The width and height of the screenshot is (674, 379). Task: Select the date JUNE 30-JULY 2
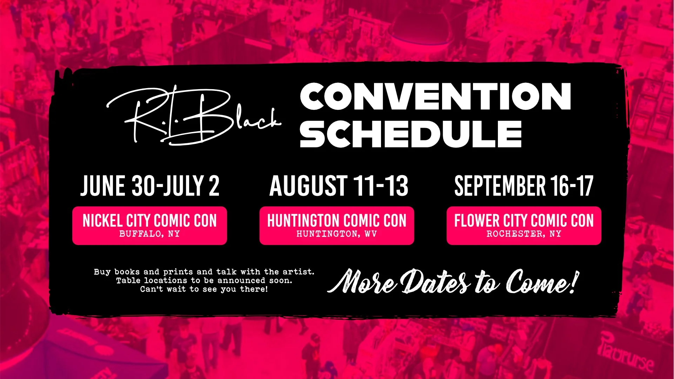pyautogui.click(x=150, y=186)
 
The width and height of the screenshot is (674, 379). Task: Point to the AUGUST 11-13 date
pyautogui.click(x=339, y=186)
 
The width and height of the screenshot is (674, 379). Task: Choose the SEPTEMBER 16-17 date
pyautogui.click(x=523, y=186)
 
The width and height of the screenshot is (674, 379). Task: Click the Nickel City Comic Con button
pyautogui.click(x=149, y=225)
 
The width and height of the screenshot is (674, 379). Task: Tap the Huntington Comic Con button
pyautogui.click(x=336, y=225)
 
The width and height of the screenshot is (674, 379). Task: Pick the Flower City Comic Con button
pyautogui.click(x=523, y=225)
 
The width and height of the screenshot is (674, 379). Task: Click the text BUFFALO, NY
pyautogui.click(x=149, y=234)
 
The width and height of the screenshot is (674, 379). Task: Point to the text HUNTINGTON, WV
pyautogui.click(x=336, y=234)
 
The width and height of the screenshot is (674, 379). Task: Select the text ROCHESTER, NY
pyautogui.click(x=523, y=234)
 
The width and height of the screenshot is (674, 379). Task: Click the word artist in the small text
pyautogui.click(x=298, y=272)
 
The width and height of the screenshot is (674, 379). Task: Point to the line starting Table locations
pyautogui.click(x=204, y=280)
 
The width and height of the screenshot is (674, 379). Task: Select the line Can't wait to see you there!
pyautogui.click(x=204, y=289)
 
